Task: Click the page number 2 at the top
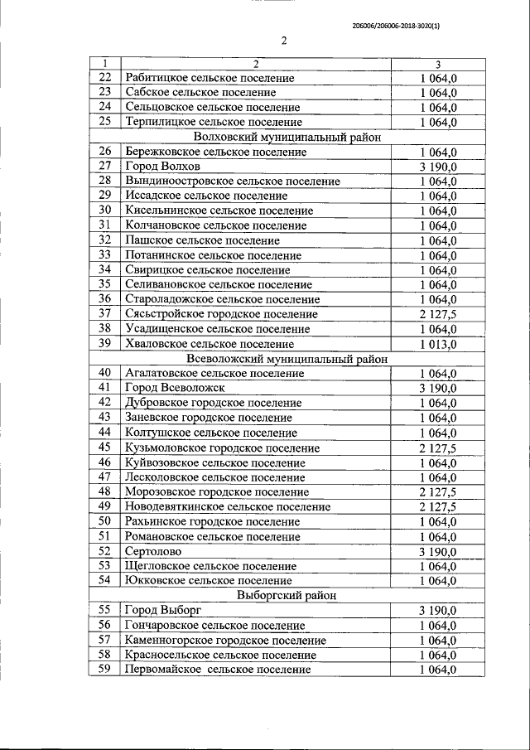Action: click(x=282, y=42)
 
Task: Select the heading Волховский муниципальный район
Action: click(x=287, y=138)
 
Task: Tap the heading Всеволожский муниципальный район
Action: click(x=288, y=359)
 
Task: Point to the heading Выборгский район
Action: click(x=285, y=595)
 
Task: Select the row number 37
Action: click(x=104, y=314)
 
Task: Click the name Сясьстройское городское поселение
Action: click(x=221, y=314)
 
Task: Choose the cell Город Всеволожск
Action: click(x=174, y=388)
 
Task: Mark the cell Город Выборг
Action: click(x=162, y=611)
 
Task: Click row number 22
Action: click(x=104, y=78)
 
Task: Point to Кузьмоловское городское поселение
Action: click(x=222, y=448)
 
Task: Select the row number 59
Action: click(x=104, y=670)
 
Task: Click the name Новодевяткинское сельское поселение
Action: click(x=228, y=506)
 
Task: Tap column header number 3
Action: click(x=437, y=64)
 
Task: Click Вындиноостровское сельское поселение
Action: click(x=233, y=181)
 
